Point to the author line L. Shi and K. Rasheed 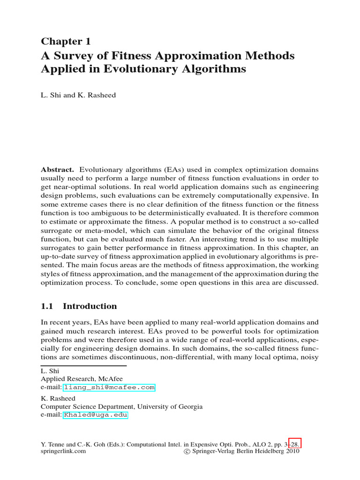(78, 95)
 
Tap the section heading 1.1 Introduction (79, 306)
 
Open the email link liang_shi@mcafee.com (109, 388)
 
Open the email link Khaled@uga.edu (95, 415)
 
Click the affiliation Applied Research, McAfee (82, 379)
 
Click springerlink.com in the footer (63, 451)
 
